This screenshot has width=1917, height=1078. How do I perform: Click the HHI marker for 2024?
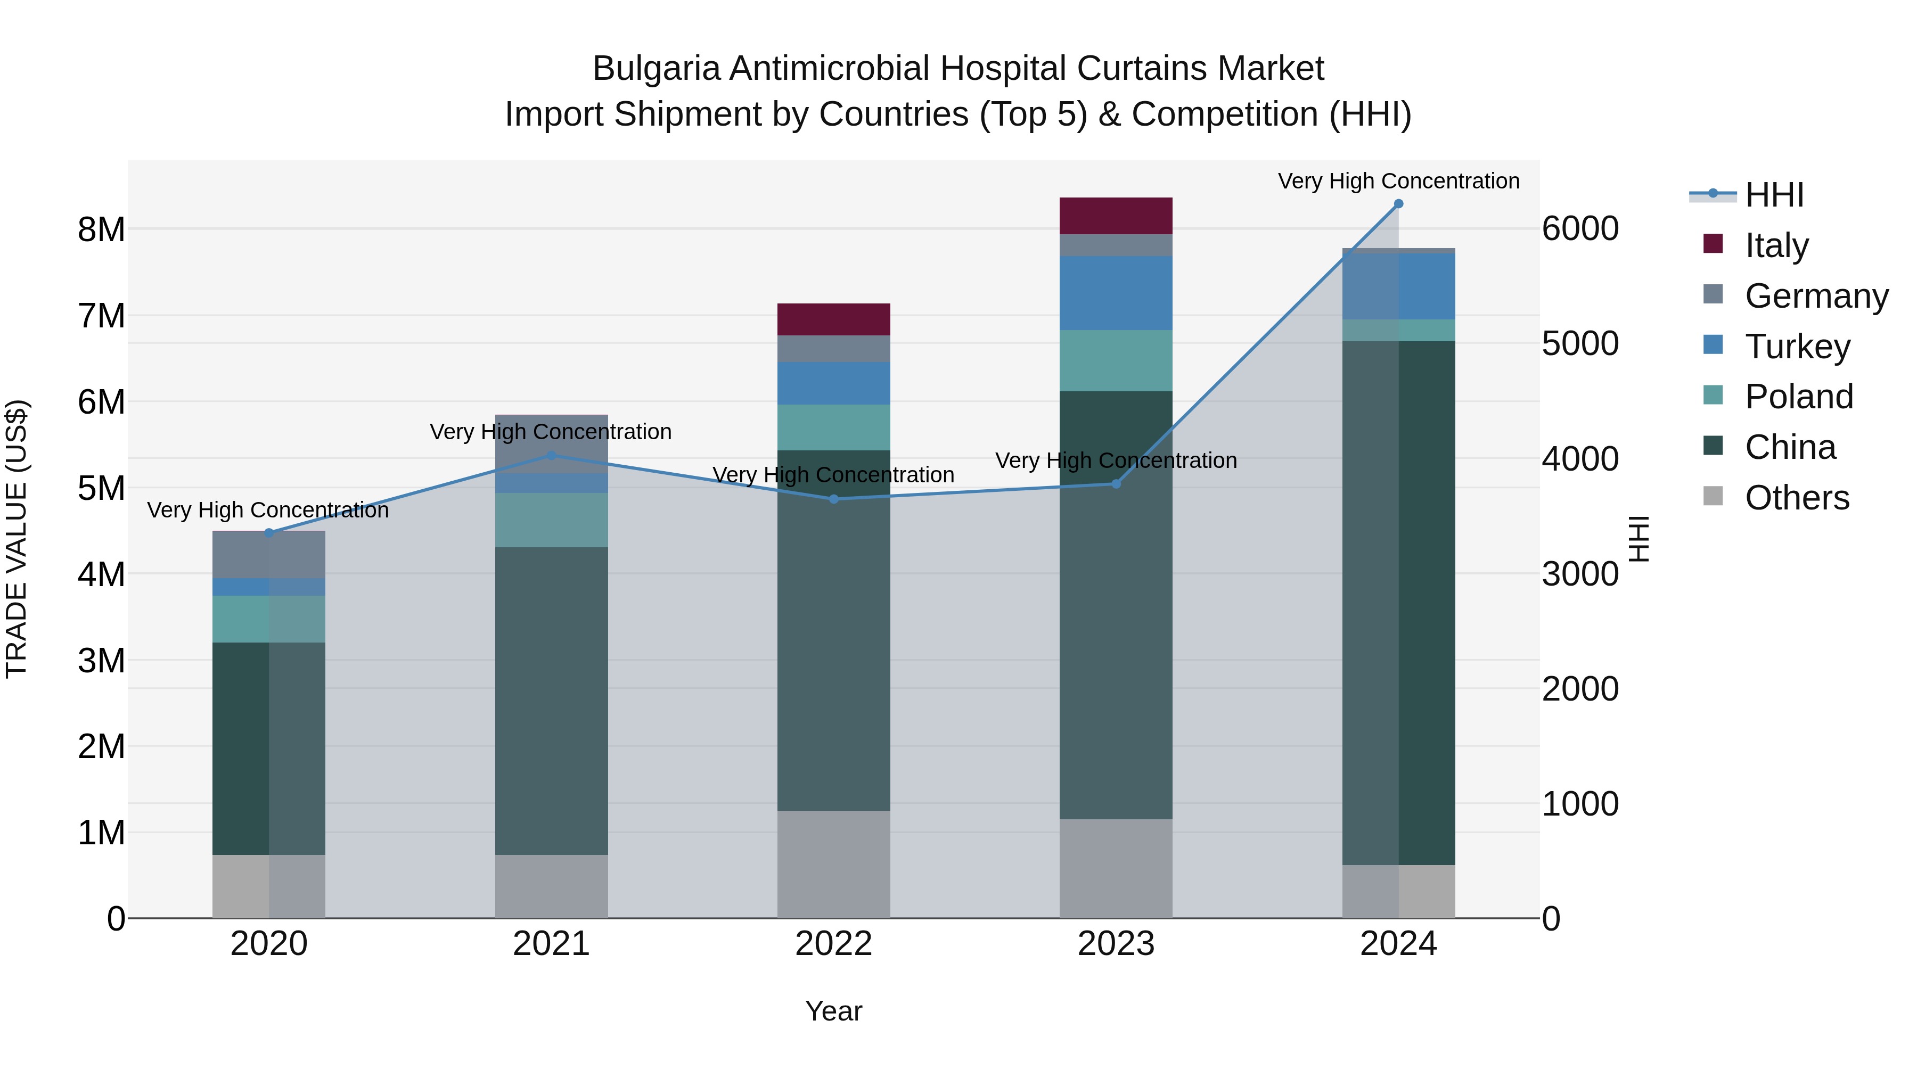[x=1398, y=204]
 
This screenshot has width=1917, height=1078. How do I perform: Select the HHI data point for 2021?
[x=552, y=455]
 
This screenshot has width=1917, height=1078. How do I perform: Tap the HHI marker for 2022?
[x=833, y=499]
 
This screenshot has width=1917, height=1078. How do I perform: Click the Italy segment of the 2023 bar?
[x=1116, y=216]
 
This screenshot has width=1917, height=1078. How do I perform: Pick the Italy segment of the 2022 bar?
[x=833, y=319]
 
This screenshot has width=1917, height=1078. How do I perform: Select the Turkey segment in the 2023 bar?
[x=1116, y=293]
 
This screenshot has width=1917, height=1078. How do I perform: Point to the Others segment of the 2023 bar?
[x=1116, y=868]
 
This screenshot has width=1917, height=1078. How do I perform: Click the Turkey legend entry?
[x=1797, y=347]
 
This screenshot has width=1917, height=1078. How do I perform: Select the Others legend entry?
[x=1797, y=498]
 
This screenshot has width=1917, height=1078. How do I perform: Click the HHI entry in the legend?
[x=1774, y=195]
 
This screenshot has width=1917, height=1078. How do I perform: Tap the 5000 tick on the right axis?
[x=1579, y=344]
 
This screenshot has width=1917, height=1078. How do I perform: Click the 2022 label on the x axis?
[x=833, y=944]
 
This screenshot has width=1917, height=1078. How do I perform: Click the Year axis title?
[x=833, y=1011]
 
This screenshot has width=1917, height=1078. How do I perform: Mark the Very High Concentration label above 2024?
[x=1398, y=182]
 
